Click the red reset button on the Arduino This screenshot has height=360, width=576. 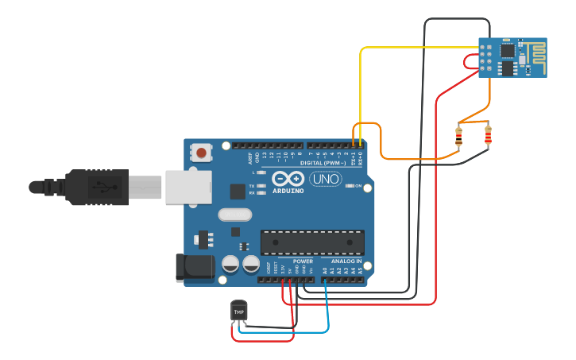point(202,152)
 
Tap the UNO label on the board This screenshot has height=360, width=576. point(326,180)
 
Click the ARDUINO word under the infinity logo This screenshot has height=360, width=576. point(288,191)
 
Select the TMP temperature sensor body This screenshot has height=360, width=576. point(238,311)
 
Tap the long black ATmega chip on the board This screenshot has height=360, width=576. point(312,242)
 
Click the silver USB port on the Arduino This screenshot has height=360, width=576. point(188,187)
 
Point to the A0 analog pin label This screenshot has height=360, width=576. point(325,270)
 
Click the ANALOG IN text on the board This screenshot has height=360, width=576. point(346,261)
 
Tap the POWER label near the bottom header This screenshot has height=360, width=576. point(303,261)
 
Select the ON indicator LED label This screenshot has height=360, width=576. point(358,186)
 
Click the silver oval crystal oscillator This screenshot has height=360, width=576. point(234,214)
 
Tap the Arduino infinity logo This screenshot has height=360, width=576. point(288,179)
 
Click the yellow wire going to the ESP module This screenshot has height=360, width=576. point(421,48)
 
